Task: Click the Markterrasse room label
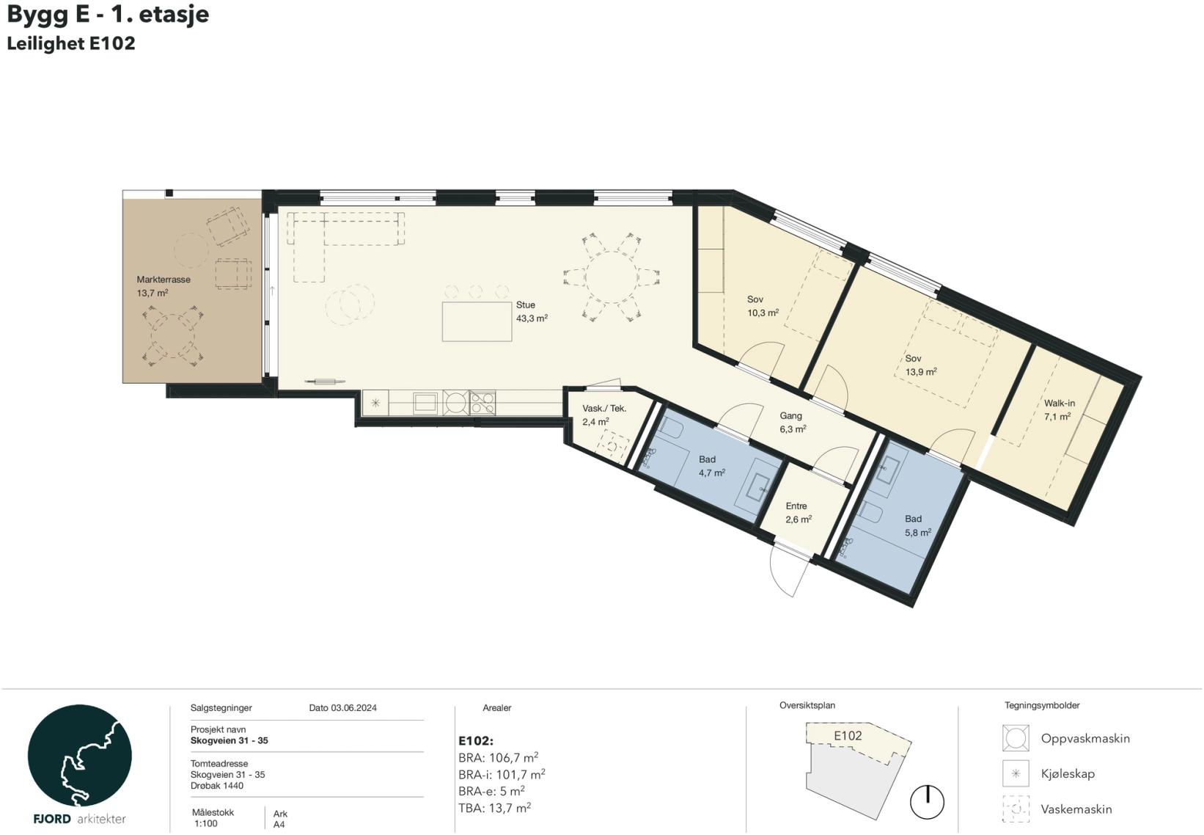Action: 164,280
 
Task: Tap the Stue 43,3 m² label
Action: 532,312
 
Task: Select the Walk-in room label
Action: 1059,403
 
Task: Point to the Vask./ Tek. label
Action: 604,409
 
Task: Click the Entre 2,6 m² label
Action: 799,513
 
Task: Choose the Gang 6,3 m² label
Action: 793,423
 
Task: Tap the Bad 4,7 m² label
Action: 712,466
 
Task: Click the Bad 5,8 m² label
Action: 918,525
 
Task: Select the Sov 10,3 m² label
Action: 763,306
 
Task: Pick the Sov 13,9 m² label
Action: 921,365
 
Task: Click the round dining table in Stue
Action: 611,277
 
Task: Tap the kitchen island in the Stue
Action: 477,321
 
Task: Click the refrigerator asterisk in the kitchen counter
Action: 375,402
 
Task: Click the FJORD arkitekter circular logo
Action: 79,756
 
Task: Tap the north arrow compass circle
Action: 927,802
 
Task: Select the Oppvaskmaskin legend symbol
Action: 1016,737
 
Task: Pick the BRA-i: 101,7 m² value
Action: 502,775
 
